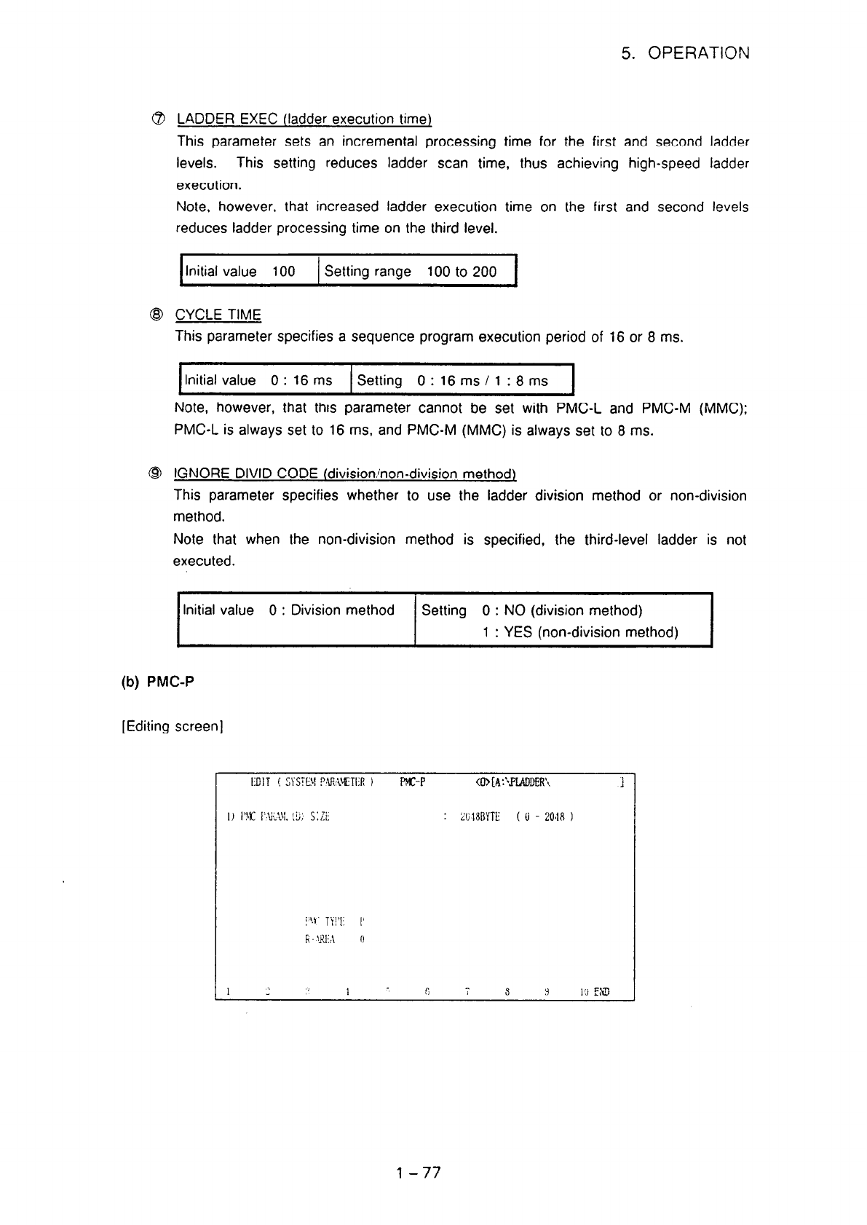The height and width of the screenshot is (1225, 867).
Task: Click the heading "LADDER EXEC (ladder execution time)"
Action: tap(304, 119)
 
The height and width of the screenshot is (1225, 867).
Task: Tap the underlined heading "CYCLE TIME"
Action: tap(218, 315)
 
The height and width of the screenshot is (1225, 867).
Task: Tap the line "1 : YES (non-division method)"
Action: tap(579, 632)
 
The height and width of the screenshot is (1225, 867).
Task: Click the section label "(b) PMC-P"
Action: tap(158, 682)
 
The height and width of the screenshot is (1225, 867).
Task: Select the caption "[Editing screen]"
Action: tap(172, 726)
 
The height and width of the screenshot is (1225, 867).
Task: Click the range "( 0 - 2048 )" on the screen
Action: tap(545, 816)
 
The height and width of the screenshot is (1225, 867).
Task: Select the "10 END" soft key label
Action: tap(595, 991)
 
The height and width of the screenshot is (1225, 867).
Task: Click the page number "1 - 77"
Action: tap(419, 1173)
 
